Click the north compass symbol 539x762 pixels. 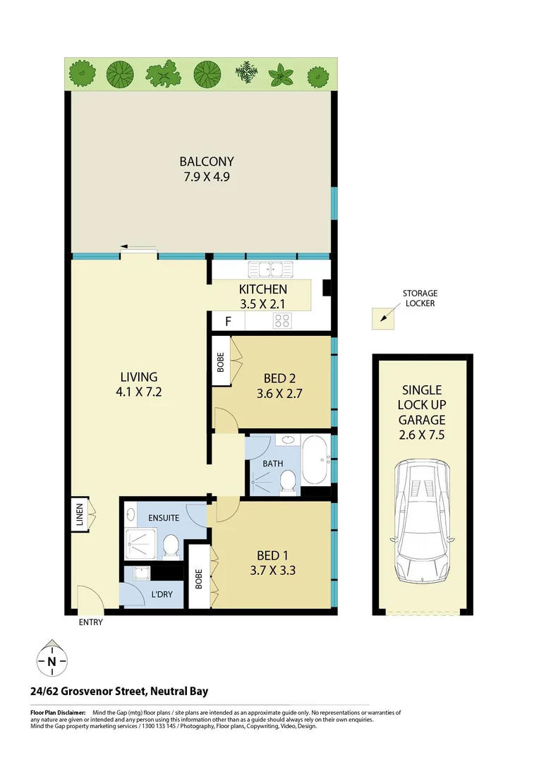pyautogui.click(x=52, y=660)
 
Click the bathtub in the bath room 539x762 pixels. pyautogui.click(x=315, y=461)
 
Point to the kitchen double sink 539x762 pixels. pyautogui.click(x=270, y=269)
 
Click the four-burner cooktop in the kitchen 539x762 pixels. pyautogui.click(x=283, y=321)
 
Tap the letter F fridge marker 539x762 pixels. pyautogui.click(x=228, y=322)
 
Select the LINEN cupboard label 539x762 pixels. pyautogui.click(x=80, y=514)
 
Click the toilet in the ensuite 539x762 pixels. pyautogui.click(x=170, y=546)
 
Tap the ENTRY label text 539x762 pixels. pyautogui.click(x=91, y=622)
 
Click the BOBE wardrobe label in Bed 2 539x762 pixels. pyautogui.click(x=221, y=362)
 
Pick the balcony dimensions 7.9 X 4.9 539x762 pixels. pyautogui.click(x=206, y=176)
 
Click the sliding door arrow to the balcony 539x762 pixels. pyautogui.click(x=138, y=248)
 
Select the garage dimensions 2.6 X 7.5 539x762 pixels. pyautogui.click(x=421, y=434)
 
